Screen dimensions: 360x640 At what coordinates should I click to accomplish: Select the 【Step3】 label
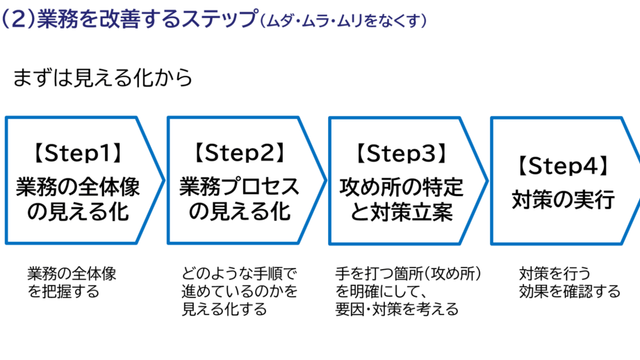401,152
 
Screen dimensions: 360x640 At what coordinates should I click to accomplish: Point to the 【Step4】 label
563,165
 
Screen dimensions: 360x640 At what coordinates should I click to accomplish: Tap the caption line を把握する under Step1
63,291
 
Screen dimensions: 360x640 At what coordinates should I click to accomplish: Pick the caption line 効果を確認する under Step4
569,291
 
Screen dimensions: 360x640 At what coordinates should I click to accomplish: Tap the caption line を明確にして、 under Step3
385,291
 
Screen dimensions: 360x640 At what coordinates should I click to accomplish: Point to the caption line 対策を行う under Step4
554,273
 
